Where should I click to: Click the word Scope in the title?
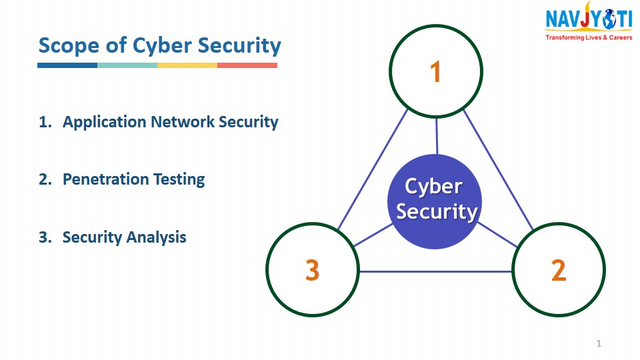(x=69, y=46)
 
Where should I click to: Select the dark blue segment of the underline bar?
(x=67, y=65)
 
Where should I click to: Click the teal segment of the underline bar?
(x=127, y=65)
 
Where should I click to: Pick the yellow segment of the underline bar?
(x=187, y=65)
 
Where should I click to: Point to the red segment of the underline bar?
(x=247, y=65)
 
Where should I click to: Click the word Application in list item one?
(x=105, y=123)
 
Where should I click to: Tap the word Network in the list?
(x=183, y=121)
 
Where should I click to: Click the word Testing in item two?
(x=179, y=180)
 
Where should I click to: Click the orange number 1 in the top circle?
(x=435, y=72)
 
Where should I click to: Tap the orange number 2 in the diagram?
(x=559, y=270)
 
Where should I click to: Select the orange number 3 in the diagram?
(x=312, y=270)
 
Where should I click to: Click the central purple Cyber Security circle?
(x=435, y=201)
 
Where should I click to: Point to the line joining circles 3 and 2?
(x=435, y=271)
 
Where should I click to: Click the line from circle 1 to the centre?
(x=437, y=136)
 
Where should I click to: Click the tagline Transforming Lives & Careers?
(x=589, y=37)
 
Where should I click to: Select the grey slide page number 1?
(x=599, y=344)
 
